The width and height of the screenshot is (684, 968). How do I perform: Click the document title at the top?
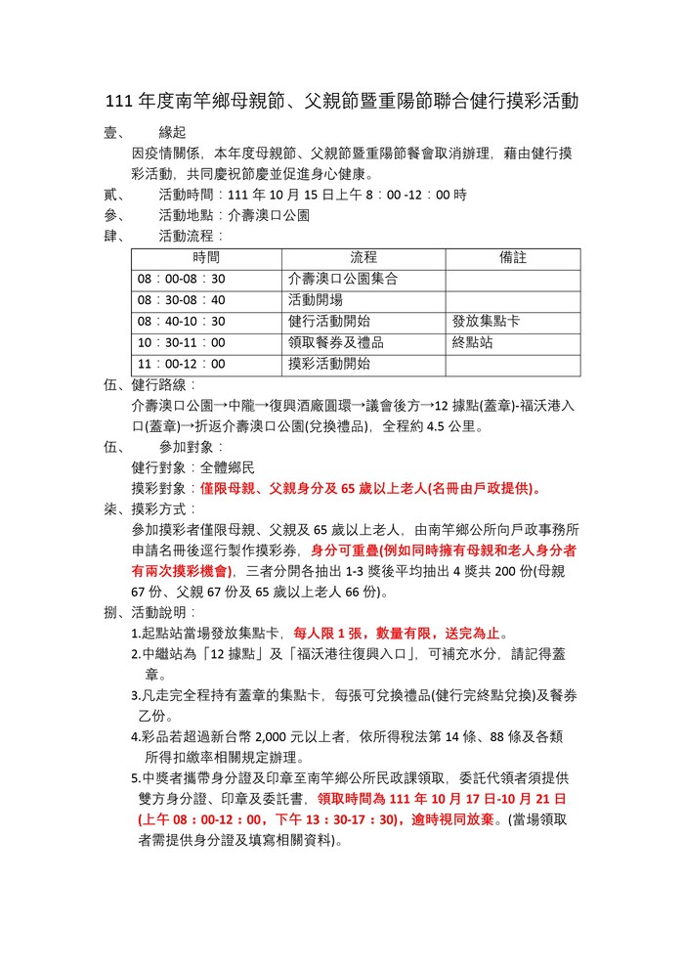pos(342,102)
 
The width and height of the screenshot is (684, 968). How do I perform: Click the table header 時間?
pos(206,257)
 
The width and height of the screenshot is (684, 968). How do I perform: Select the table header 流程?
pos(363,257)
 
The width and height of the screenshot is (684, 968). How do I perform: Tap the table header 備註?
pos(512,257)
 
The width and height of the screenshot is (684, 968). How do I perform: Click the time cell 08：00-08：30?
pos(182,279)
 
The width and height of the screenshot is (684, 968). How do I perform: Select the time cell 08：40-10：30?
pos(182,322)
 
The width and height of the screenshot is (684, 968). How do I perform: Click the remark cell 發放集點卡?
pos(486,322)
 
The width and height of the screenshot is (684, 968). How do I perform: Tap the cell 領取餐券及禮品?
pos(336,343)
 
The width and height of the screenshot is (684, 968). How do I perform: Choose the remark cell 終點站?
pos(472,343)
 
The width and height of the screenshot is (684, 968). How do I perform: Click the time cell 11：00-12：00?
pos(182,365)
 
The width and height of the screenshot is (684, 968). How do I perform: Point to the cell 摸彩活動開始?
pos(329,365)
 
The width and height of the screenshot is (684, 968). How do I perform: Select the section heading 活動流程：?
pos(192,236)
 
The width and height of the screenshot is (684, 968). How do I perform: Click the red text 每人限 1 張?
pos(329,633)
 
